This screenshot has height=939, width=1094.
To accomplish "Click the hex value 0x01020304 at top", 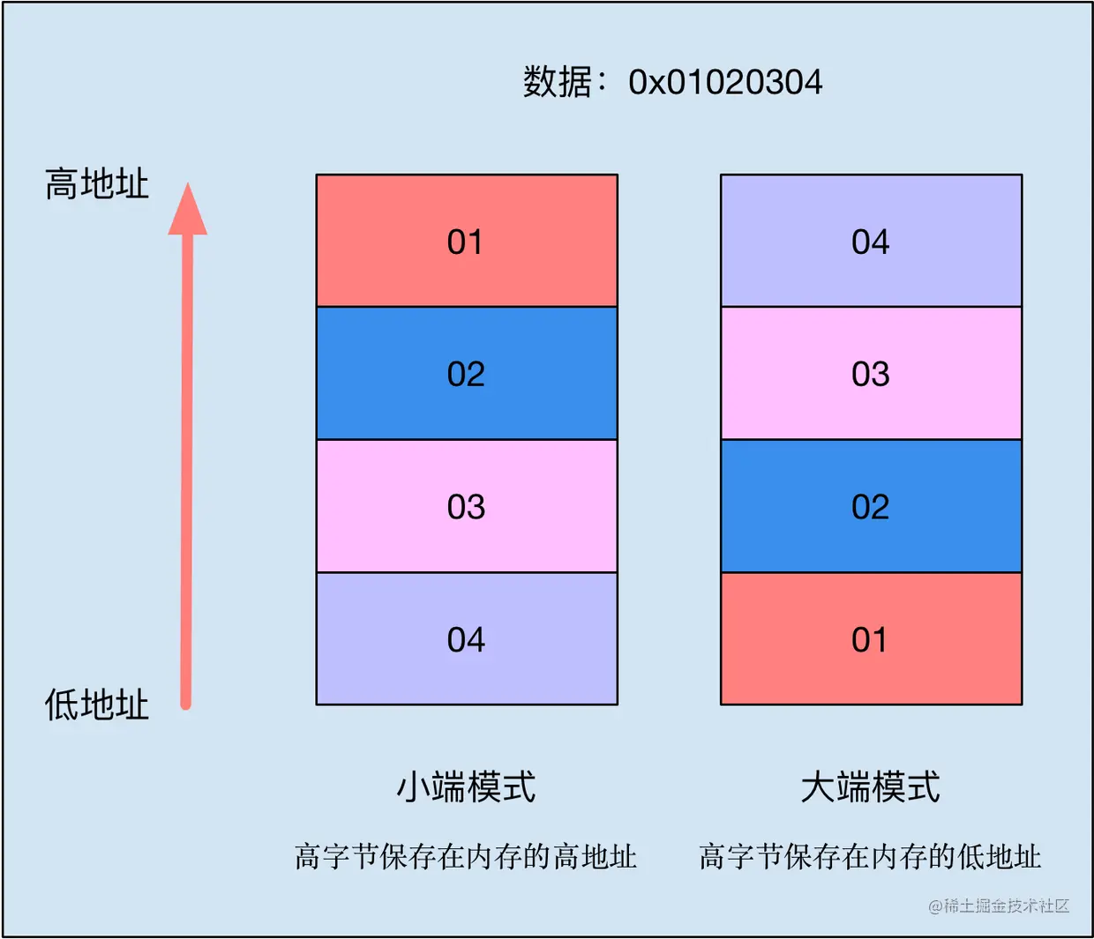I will (x=725, y=83).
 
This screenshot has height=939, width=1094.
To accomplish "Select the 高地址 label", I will (x=97, y=184).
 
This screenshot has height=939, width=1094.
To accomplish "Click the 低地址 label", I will (x=97, y=705).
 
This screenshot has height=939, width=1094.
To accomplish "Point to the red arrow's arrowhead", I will (x=187, y=212).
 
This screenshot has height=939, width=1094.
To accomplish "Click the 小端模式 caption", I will (x=466, y=786).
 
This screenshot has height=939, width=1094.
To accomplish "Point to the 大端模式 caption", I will (x=870, y=786).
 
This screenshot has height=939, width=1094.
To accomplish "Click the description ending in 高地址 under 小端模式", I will (x=466, y=856).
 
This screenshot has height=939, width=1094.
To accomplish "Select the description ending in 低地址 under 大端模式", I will (x=870, y=856).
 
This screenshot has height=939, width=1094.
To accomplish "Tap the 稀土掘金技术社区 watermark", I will (x=999, y=905).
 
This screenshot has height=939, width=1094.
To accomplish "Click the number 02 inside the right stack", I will (x=870, y=507).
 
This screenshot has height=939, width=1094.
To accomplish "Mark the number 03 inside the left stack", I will (x=466, y=507).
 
